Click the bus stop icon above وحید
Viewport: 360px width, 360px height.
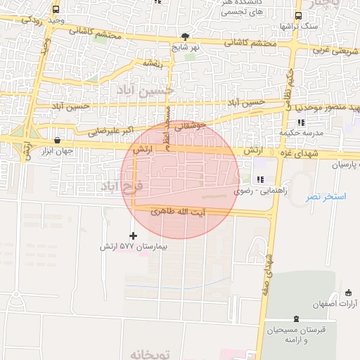(56, 10)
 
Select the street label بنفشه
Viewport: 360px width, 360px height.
(153, 63)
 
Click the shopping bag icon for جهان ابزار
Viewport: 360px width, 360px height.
(56, 140)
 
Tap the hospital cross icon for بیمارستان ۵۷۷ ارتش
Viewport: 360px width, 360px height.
(134, 235)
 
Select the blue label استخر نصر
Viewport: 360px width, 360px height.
(326, 197)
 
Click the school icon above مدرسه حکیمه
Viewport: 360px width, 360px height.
(301, 123)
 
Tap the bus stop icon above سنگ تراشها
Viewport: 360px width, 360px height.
(298, 15)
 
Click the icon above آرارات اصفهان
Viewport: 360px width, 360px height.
(349, 292)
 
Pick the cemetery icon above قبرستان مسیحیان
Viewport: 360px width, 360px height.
(295, 320)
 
